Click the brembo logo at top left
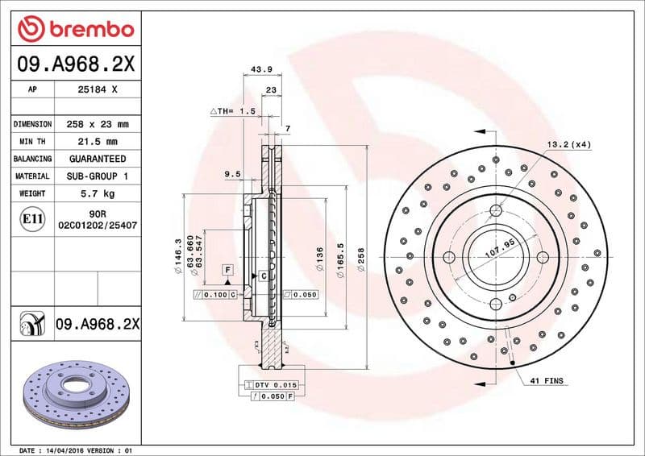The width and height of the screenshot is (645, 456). pyautogui.click(x=75, y=30)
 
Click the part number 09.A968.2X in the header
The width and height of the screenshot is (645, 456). pyautogui.click(x=75, y=63)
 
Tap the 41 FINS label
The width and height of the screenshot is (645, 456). pyautogui.click(x=548, y=379)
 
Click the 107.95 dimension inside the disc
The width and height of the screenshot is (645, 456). pyautogui.click(x=499, y=251)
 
